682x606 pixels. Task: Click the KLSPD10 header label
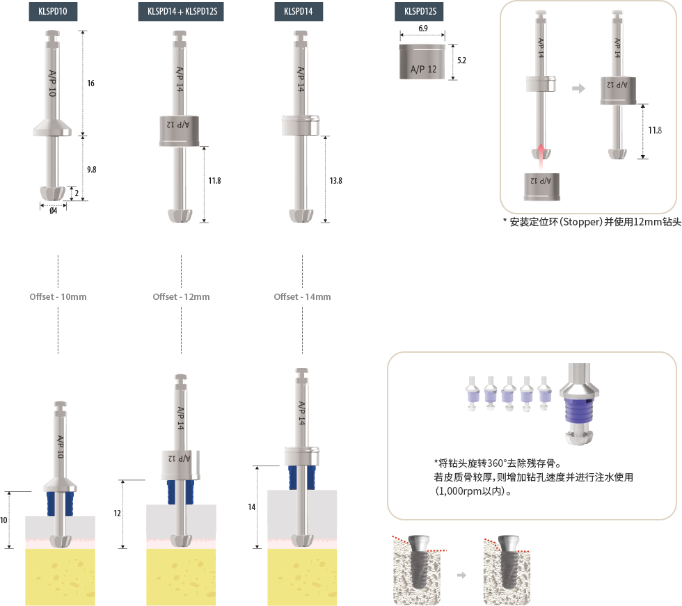pos(53,11)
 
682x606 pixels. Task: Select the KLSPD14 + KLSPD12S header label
pos(181,11)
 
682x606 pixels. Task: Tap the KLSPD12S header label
pos(419,11)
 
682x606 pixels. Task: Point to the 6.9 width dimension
pos(423,29)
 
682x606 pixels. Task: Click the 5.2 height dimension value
pos(461,61)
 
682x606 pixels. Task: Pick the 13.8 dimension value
pos(335,181)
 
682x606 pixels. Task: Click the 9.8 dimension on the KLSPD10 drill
pos(91,170)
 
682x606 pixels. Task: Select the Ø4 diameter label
pos(53,211)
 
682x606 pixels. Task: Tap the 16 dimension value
pos(90,83)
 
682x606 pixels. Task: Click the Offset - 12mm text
pos(181,297)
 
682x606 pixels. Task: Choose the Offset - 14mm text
pos(302,297)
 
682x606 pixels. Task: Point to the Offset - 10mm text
pos(58,297)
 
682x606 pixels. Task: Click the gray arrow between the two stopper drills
pos(578,88)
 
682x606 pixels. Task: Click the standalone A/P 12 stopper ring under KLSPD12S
pos(422,62)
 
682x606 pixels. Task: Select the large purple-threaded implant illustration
pos(579,404)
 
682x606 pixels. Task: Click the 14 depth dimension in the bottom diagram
pos(251,507)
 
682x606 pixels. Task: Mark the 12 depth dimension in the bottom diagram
pos(117,513)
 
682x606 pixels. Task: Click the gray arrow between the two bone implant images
pos(461,575)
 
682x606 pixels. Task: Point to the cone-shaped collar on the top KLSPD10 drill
pos(52,127)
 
